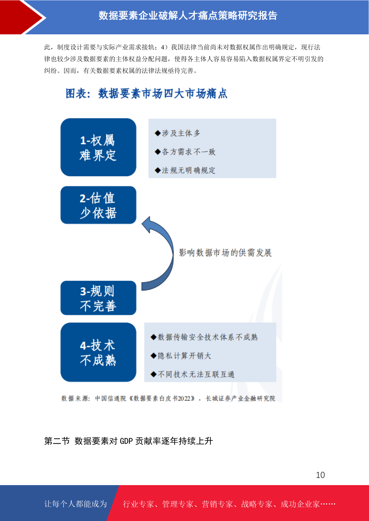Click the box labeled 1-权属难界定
pos(98,147)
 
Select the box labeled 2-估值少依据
pos(98,205)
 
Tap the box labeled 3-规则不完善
pos(98,298)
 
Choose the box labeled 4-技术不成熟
pos(98,352)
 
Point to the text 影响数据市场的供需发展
pos(225,253)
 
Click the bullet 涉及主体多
pos(177,133)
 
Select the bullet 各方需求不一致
pos(185,152)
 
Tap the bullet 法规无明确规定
pos(185,170)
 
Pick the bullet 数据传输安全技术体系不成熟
pos(204,337)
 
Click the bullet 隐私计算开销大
pos(181,355)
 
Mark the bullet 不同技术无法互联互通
pos(192,374)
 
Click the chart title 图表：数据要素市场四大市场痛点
pos(147,93)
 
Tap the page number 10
pos(320,475)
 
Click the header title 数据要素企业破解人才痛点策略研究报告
pos(188,15)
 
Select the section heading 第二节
pos(57,441)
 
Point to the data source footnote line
pos(168,398)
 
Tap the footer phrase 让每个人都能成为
pos(76,504)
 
